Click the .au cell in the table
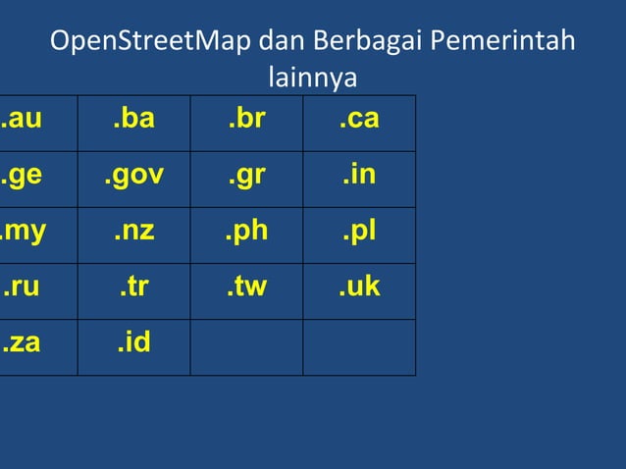tap(22, 120)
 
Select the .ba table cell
tap(133, 120)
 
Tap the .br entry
tap(246, 120)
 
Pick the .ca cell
tap(358, 120)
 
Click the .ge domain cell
tap(22, 176)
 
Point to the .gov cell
tap(133, 176)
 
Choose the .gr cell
tap(246, 176)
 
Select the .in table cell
tap(358, 176)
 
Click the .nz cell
tap(133, 233)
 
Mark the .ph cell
tap(246, 233)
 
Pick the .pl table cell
tap(358, 233)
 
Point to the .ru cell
tap(22, 287)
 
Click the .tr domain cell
tap(133, 287)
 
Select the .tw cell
tap(246, 287)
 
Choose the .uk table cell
tap(358, 287)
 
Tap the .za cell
tap(22, 344)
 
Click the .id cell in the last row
tap(133, 344)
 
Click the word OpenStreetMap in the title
tap(152, 43)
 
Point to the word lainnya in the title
tap(312, 77)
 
